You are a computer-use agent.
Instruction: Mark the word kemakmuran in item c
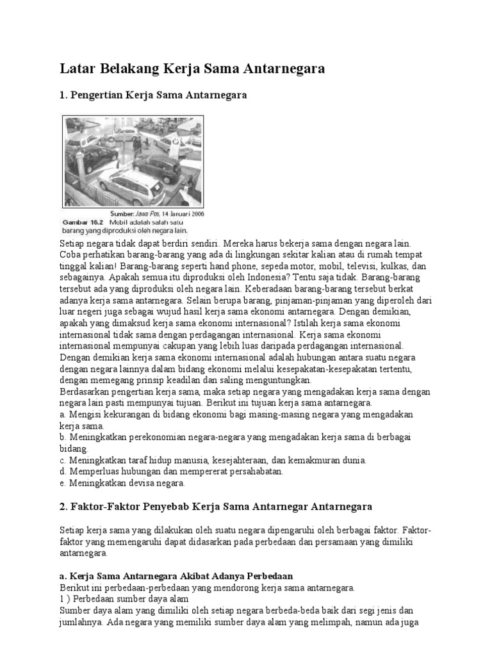click(309, 461)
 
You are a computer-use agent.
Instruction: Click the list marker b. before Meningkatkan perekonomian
click(62, 438)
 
